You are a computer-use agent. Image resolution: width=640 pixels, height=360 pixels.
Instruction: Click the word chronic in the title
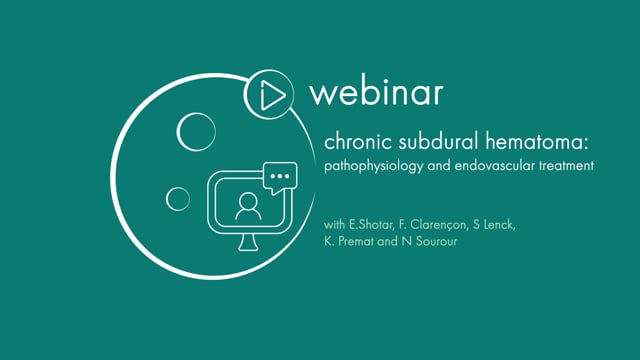tap(358, 142)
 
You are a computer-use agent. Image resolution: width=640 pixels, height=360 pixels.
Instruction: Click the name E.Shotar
tap(371, 225)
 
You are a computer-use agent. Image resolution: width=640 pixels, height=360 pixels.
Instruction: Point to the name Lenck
tap(499, 225)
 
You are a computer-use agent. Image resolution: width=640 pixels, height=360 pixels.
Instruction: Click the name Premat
tap(356, 241)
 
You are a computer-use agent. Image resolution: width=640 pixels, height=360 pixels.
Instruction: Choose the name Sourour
tap(436, 241)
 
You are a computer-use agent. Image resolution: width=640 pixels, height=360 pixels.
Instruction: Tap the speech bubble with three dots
tap(280, 176)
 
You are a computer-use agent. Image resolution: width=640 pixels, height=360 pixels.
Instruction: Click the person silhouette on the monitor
tap(248, 207)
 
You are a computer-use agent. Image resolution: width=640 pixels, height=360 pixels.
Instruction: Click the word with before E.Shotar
tap(334, 225)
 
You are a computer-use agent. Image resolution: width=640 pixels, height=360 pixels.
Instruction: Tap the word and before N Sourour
tap(388, 241)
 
